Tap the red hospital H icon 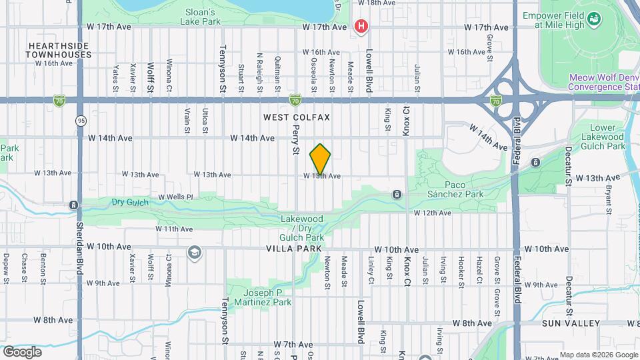pos(361,27)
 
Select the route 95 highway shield pos(81,121)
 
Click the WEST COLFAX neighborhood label pos(297,117)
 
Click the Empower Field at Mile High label pos(559,21)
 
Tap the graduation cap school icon pos(194,253)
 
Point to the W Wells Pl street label pos(175,197)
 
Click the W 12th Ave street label pos(433,213)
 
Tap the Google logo pos(22,351)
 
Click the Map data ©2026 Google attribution pos(598,355)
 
